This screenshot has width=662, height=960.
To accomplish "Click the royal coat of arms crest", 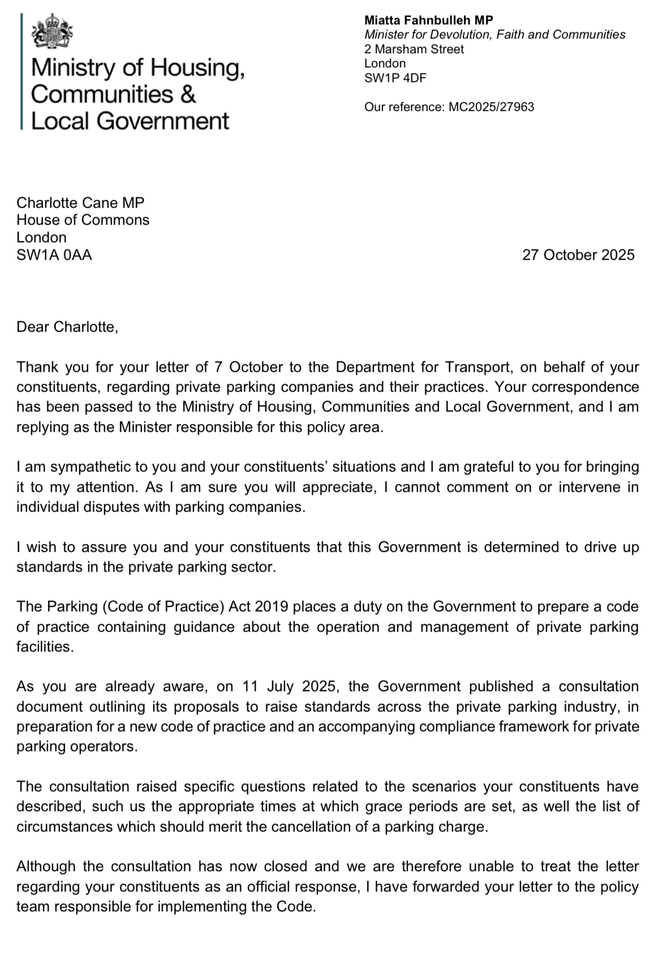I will click(x=53, y=32).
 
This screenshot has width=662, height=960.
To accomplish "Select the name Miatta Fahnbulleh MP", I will click(x=428, y=20).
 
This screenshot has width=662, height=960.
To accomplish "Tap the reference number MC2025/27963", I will click(x=491, y=106).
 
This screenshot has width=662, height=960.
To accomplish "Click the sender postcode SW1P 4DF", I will click(x=395, y=78).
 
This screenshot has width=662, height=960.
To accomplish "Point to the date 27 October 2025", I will click(x=578, y=255).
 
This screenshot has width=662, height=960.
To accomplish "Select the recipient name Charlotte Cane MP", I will click(x=80, y=203).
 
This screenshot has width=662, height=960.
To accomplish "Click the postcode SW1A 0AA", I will click(x=54, y=255).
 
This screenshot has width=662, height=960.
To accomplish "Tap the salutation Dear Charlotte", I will click(x=67, y=327).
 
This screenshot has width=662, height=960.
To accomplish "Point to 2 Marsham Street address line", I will click(x=414, y=49).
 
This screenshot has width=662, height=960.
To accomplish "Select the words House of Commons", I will click(x=83, y=220).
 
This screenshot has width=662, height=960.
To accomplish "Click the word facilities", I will click(x=45, y=647).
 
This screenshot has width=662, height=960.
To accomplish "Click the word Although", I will click(x=46, y=867).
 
